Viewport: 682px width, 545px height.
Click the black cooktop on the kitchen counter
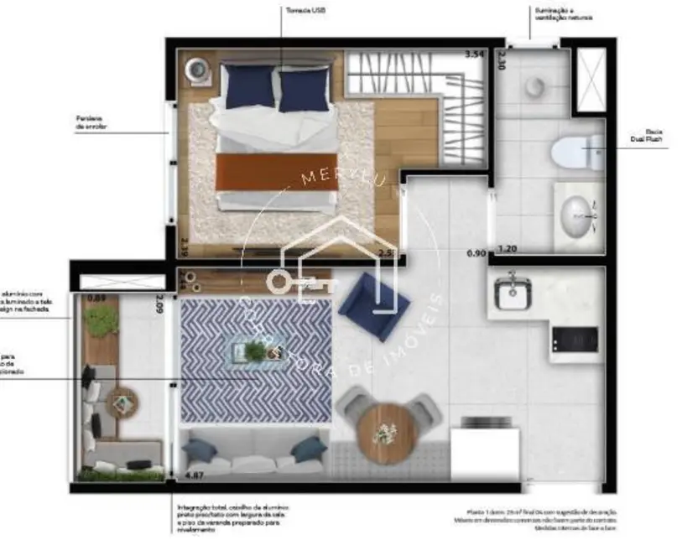[x=575, y=340]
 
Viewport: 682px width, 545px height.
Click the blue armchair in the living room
[x=372, y=304]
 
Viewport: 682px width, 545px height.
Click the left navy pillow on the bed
[x=251, y=86]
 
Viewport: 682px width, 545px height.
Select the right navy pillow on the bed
[x=303, y=89]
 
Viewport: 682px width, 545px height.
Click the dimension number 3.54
[x=476, y=54]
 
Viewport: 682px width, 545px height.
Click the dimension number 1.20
[x=507, y=248]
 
